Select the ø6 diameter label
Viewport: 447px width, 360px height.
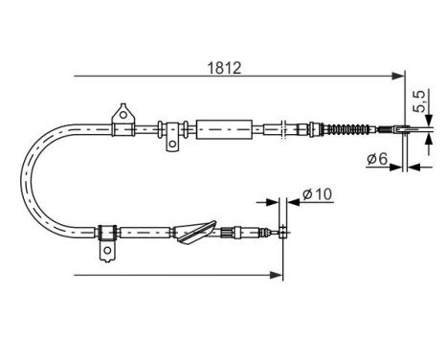tap(376, 160)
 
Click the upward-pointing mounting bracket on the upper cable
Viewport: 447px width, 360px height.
tap(122, 115)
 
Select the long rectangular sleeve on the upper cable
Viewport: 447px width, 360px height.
tap(225, 127)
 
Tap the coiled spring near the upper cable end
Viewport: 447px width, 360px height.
tap(350, 129)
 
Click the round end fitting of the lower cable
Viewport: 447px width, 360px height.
tap(282, 229)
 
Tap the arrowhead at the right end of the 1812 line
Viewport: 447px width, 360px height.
tap(401, 75)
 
